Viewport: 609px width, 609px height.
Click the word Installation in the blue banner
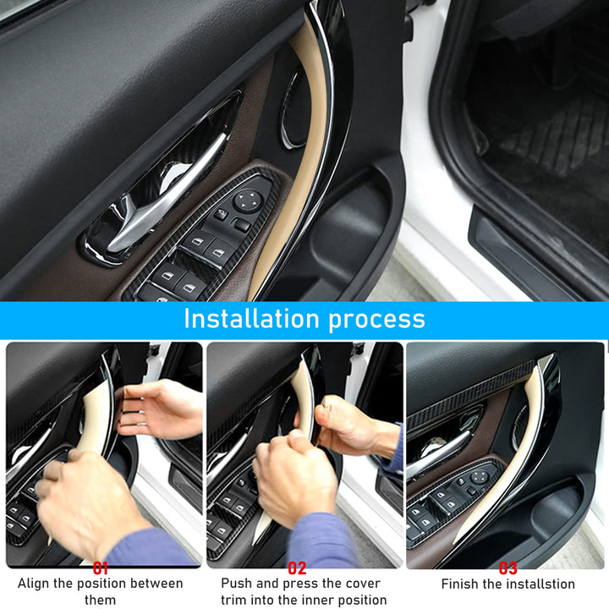251,319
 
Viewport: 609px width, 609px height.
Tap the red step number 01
101,568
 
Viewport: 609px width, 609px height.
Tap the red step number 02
297,568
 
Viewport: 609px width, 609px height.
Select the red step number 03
508,568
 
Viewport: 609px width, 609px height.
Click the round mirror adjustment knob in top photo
248,200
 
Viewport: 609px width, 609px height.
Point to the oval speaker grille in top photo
292,109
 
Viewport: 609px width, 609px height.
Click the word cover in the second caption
359,584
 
